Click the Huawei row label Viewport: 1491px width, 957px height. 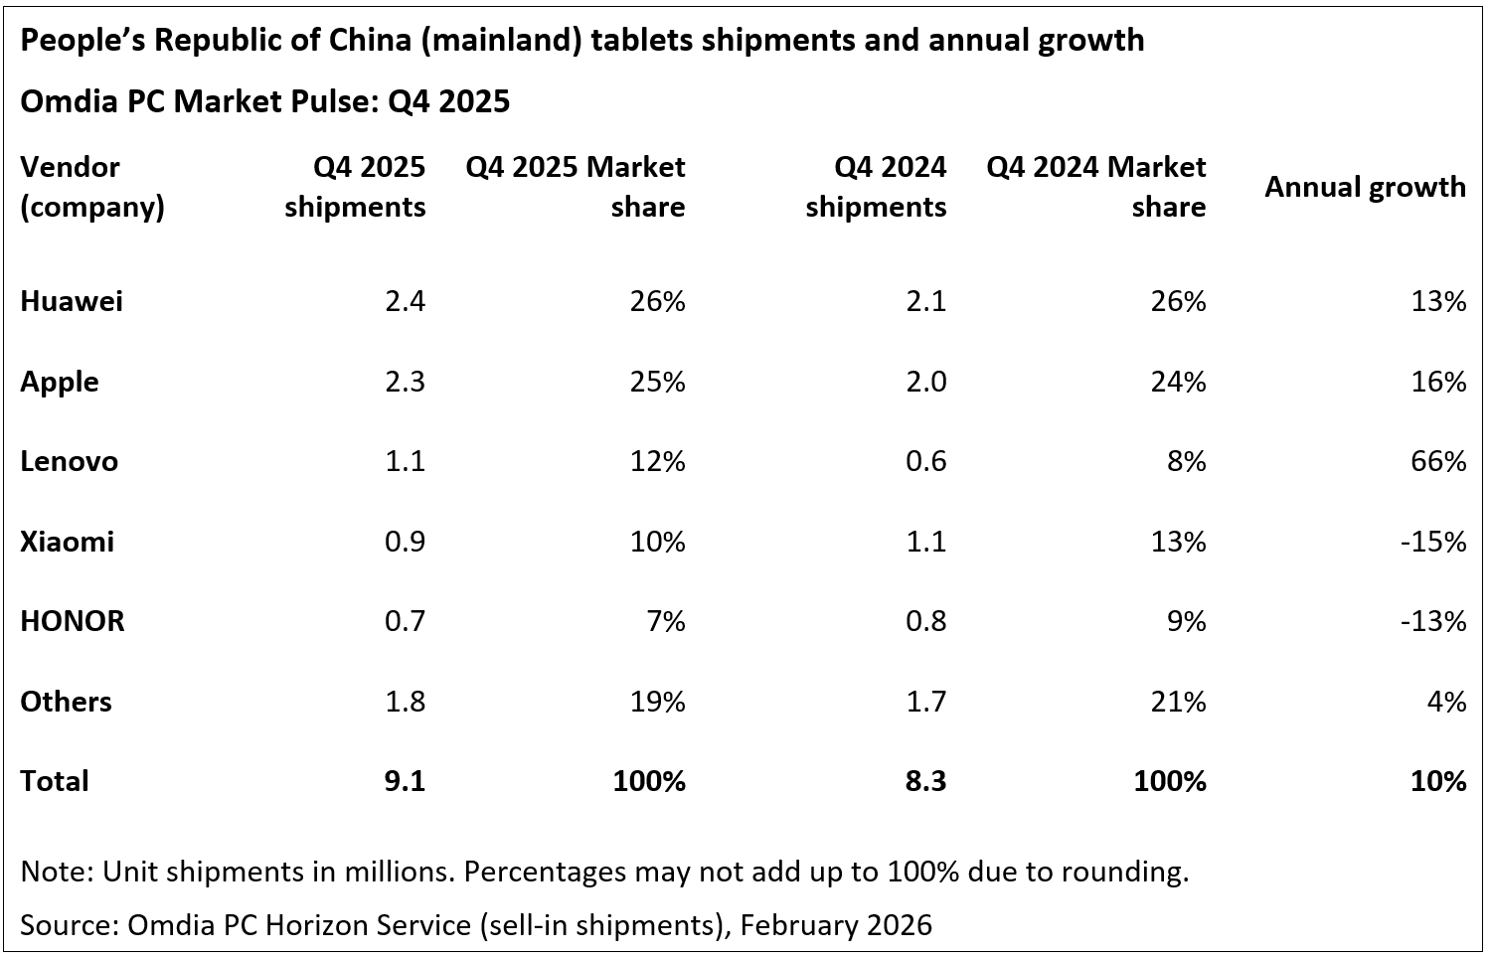click(72, 301)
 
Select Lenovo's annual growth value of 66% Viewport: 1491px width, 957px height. click(1438, 461)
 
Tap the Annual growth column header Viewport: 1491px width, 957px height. click(1365, 187)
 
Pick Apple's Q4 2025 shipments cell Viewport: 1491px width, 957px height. click(405, 382)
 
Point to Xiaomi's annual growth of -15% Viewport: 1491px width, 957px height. click(1433, 542)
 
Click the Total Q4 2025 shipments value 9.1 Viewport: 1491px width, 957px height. click(405, 781)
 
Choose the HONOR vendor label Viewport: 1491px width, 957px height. click(73, 621)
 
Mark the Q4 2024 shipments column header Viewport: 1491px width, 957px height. click(876, 187)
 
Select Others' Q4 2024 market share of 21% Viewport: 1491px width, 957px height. click(1178, 702)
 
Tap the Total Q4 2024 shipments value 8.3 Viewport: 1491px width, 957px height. click(925, 781)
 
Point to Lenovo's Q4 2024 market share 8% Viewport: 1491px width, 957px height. click(1187, 461)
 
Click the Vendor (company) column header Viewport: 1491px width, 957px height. click(91, 187)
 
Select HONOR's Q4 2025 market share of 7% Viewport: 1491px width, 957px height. click(666, 621)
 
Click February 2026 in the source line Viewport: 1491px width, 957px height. click(836, 925)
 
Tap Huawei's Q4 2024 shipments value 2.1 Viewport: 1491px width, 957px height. click(925, 301)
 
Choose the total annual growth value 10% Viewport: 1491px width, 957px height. click(1438, 781)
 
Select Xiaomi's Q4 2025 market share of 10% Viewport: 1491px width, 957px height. click(657, 542)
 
